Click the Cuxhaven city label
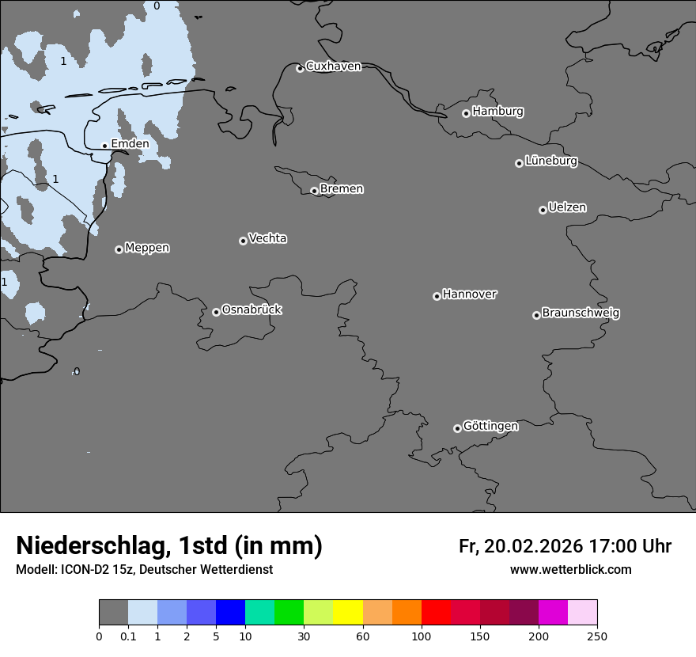(333, 66)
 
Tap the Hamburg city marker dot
(466, 113)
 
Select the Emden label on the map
(130, 144)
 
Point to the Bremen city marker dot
(314, 191)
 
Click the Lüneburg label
(551, 161)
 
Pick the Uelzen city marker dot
(543, 210)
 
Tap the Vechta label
(267, 238)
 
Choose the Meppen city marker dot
(119, 249)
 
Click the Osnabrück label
(252, 310)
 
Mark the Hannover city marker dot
(437, 296)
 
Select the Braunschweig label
(581, 313)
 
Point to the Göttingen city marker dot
(457, 428)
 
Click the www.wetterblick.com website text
(570, 570)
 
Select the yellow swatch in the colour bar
(348, 613)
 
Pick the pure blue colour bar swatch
(230, 613)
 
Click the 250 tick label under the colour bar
(597, 636)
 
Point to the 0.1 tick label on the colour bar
(128, 636)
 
